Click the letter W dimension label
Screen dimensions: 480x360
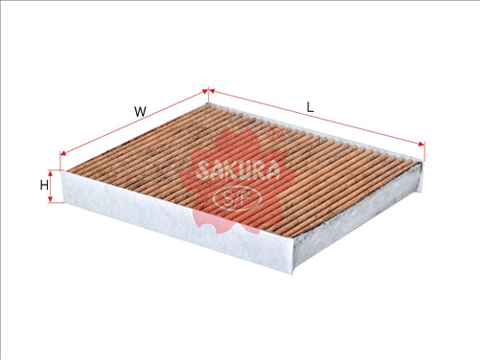click(x=140, y=111)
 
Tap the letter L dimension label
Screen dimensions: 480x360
click(x=309, y=106)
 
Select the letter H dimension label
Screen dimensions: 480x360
click(x=44, y=185)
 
